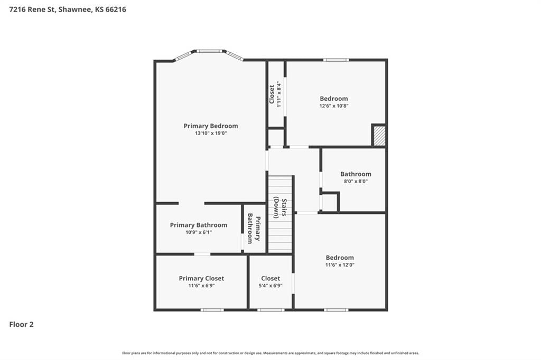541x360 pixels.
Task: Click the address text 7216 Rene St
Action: (x=31, y=10)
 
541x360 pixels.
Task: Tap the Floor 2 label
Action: (x=21, y=325)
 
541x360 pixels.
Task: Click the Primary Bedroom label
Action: (x=211, y=126)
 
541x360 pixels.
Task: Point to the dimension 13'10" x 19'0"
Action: (x=211, y=133)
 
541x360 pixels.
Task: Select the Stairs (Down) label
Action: (x=280, y=208)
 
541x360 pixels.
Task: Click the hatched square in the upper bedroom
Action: (x=379, y=136)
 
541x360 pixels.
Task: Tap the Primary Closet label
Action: (x=201, y=278)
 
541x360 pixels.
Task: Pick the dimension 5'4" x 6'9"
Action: (x=270, y=286)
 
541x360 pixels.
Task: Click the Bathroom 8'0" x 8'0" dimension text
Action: (x=356, y=181)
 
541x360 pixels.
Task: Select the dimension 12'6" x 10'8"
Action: (x=334, y=106)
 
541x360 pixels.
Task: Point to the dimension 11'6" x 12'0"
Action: (x=340, y=265)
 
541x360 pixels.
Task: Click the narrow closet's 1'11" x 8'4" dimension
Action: (x=279, y=94)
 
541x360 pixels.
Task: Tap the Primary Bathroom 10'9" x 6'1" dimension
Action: (x=199, y=232)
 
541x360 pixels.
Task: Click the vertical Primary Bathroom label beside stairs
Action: (x=254, y=228)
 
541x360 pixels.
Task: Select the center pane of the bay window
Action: (x=210, y=51)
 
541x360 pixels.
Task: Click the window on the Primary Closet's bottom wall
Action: (x=212, y=310)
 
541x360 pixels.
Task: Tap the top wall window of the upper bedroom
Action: (x=336, y=60)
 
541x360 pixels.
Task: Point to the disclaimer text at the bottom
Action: (x=270, y=353)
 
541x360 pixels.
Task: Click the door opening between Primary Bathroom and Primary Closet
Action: (x=202, y=254)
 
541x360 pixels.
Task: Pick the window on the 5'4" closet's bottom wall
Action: (x=271, y=310)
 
